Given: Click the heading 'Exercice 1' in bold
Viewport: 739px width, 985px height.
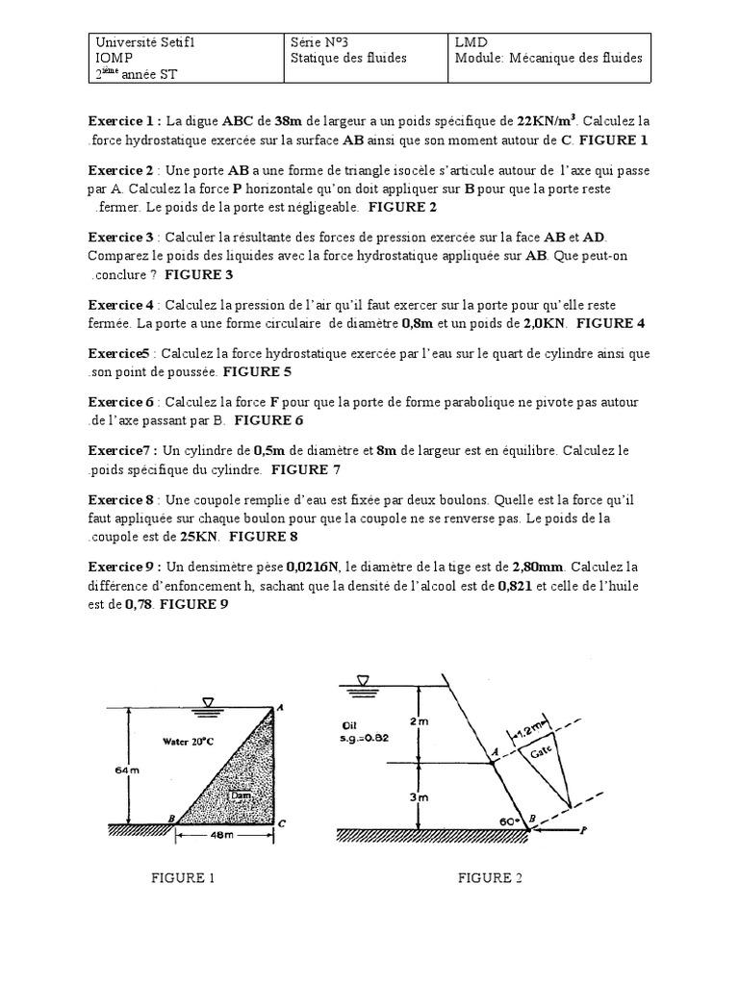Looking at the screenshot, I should [x=124, y=122].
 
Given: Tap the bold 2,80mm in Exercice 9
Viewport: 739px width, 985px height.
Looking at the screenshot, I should [x=537, y=567].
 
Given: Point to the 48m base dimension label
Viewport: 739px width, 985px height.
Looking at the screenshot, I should [x=221, y=836].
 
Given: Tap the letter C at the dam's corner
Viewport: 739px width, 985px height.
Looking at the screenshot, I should [x=280, y=824].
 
